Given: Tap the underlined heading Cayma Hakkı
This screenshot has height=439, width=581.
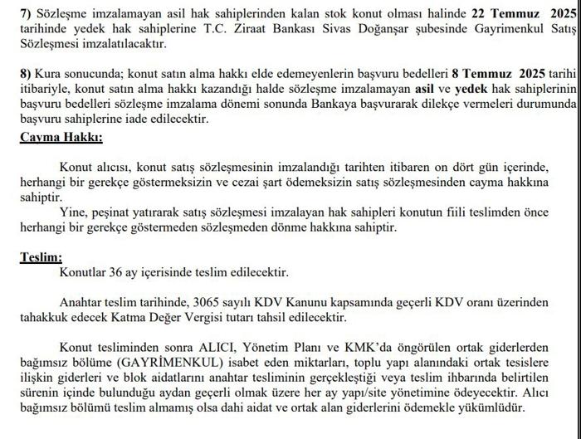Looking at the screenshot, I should point(61,138).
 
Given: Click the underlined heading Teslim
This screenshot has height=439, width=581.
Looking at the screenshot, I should point(41,258).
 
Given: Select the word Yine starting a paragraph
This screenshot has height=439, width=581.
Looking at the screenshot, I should point(74,212).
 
